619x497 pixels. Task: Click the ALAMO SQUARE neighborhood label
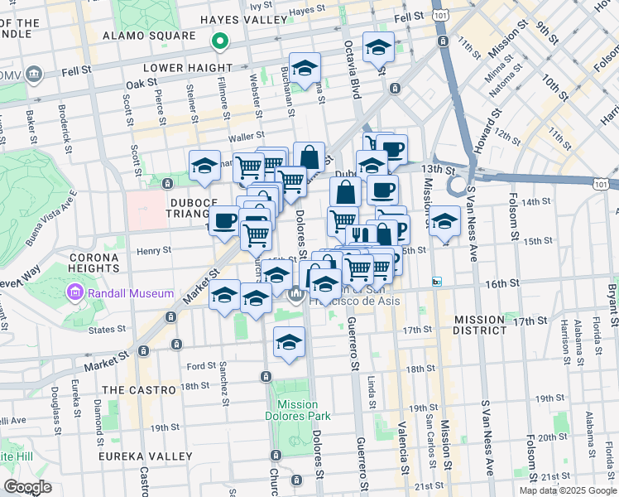(149, 36)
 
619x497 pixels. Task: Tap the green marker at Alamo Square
(219, 39)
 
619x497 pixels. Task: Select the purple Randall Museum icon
(76, 293)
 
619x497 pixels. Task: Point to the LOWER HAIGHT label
(187, 68)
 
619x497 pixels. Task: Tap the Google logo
(27, 487)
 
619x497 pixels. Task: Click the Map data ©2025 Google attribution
(568, 490)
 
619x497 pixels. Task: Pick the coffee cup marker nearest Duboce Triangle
(225, 221)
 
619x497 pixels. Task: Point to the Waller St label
(247, 135)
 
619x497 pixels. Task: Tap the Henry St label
(154, 249)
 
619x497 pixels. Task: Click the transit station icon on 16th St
(437, 282)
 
